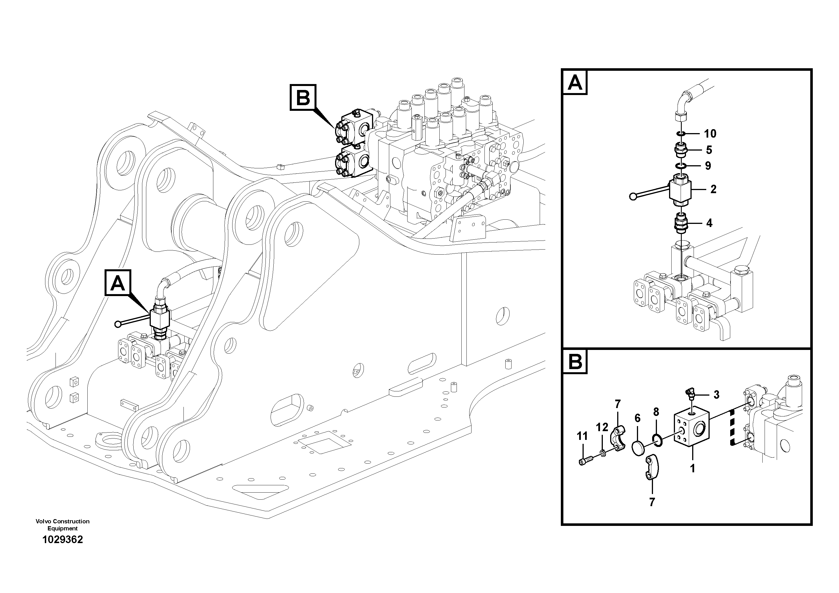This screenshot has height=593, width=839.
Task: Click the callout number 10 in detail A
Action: coord(710,134)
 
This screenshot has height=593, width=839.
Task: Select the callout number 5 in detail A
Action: coord(709,150)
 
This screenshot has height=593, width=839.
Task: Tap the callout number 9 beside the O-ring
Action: coord(708,166)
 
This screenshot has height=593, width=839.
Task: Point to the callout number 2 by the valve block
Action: coord(713,189)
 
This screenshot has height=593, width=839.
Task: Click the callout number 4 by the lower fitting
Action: coord(709,223)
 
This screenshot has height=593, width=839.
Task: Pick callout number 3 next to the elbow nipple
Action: coord(716,395)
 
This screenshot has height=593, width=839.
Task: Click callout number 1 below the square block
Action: coord(692,468)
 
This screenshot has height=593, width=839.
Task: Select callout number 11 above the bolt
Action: coord(582,436)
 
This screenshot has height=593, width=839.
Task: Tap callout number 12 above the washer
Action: coord(602,427)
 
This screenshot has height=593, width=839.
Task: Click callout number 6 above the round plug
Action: coord(637,418)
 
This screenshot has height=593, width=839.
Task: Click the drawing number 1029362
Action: coord(63,540)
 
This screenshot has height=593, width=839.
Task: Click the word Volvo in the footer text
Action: coord(43,521)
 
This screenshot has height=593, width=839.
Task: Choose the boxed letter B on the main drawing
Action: coord(303,98)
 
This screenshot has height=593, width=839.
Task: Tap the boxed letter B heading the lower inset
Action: coord(575,362)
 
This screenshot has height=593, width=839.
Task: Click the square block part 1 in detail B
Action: coord(691,431)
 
